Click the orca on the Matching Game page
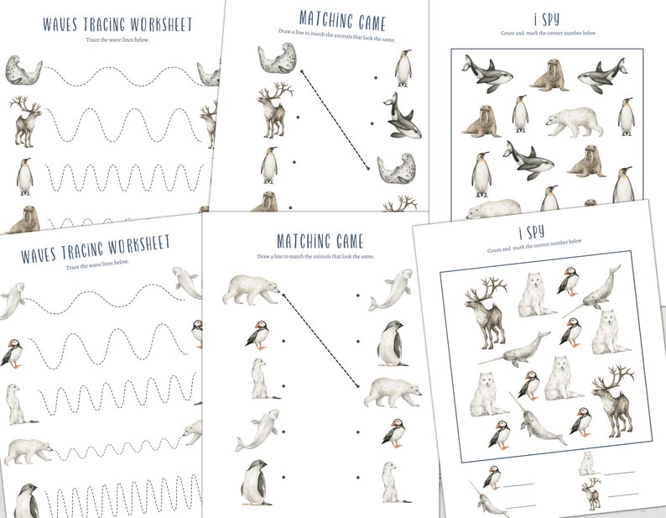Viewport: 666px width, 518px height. click(402, 117)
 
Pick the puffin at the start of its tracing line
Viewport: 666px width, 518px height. click(13, 352)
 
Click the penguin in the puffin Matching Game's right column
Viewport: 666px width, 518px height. click(392, 343)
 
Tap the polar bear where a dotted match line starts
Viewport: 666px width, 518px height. click(251, 288)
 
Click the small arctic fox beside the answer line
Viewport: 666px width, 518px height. click(587, 463)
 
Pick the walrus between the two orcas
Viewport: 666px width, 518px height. click(548, 74)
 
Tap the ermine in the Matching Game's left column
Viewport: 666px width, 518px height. click(260, 379)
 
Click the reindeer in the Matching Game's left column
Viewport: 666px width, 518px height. click(274, 108)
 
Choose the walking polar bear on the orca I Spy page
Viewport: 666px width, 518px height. click(575, 122)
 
